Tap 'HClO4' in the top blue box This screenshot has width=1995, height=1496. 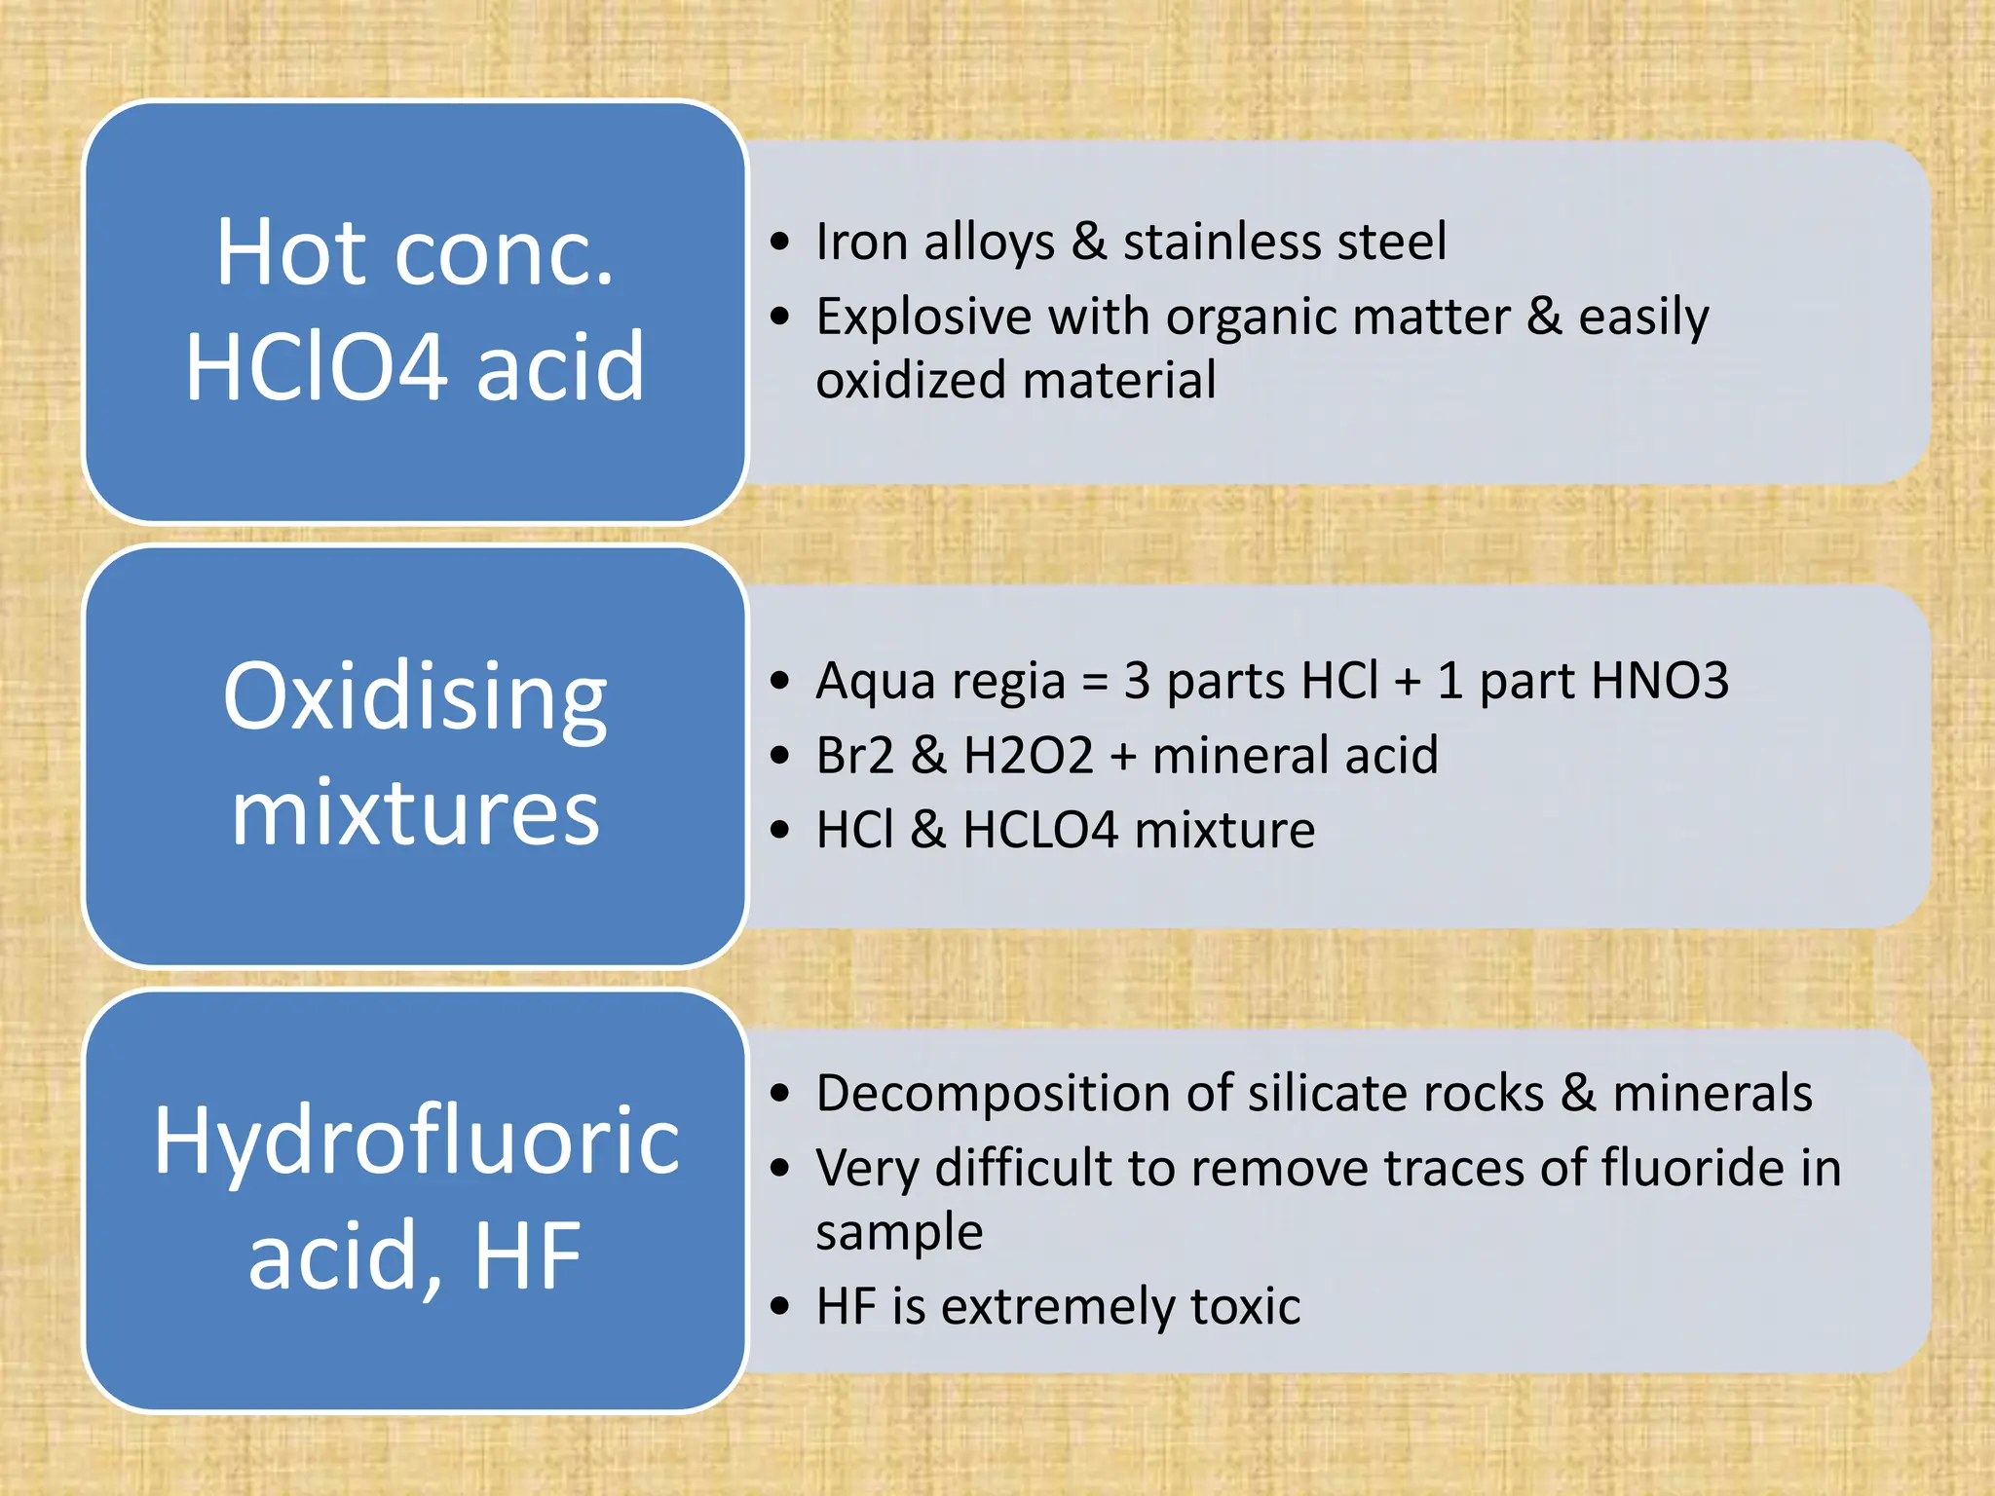315,367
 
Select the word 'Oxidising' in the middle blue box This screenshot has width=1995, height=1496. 416,697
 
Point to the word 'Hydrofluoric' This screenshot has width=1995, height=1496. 417,1141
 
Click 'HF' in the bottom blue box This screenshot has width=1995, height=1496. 528,1256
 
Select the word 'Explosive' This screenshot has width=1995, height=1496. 924,318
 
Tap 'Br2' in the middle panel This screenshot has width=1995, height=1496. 855,755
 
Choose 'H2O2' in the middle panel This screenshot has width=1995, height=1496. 1029,755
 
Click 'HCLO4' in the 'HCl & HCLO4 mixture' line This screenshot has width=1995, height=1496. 1040,830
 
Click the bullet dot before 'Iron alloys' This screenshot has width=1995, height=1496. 779,242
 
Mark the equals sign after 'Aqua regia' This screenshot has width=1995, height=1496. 1096,681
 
